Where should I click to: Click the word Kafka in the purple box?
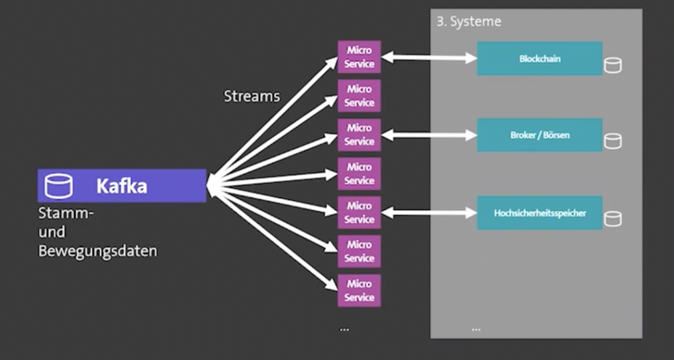click(122, 186)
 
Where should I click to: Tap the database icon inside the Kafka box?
click(59, 186)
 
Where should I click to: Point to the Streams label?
click(251, 96)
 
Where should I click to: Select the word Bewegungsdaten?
click(97, 251)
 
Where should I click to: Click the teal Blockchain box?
click(539, 59)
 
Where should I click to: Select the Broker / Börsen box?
click(539, 136)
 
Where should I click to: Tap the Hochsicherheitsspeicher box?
click(539, 213)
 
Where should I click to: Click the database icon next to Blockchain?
click(613, 64)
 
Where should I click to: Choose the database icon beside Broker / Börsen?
click(613, 141)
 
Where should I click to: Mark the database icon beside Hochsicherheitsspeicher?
click(613, 219)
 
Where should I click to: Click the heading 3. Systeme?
click(469, 22)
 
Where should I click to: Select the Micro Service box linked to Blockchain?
click(359, 57)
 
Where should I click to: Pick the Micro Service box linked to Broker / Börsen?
click(359, 135)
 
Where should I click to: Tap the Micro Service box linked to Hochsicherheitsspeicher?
click(359, 213)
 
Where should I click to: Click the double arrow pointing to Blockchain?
click(429, 58)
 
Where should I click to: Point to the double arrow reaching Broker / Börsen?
click(429, 136)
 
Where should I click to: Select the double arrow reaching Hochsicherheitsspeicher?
click(429, 213)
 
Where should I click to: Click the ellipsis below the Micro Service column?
click(344, 328)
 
